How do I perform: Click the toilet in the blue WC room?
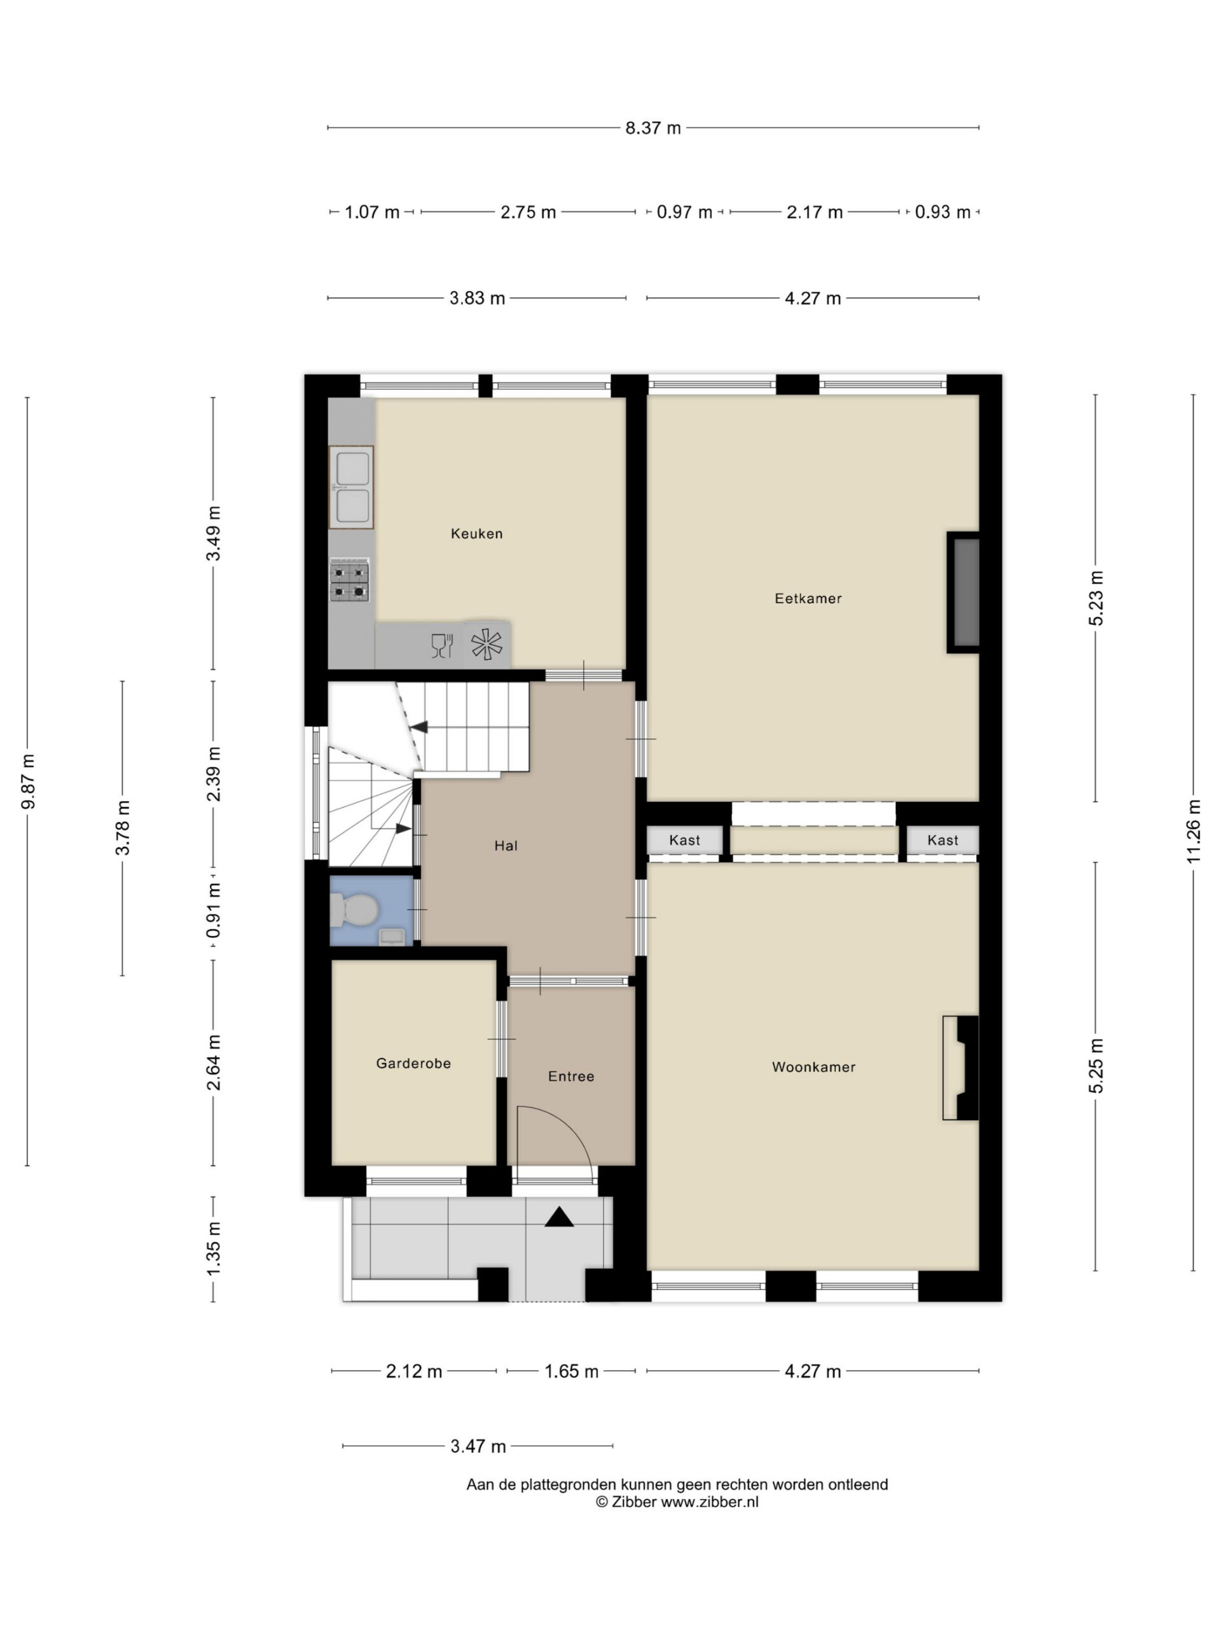[354, 909]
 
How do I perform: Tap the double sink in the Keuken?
[351, 487]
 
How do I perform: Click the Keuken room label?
[476, 534]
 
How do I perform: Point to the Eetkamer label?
[808, 599]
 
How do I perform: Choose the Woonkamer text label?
[813, 1067]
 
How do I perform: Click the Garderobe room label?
[413, 1063]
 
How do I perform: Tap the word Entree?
[570, 1077]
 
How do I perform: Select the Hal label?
[506, 846]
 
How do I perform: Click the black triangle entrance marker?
[558, 1217]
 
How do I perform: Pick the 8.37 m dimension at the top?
[653, 128]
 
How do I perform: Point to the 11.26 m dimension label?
[1193, 830]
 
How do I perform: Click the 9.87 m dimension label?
[28, 781]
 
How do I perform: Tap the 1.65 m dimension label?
[571, 1371]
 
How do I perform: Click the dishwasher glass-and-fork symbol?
[441, 645]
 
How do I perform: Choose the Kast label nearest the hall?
[684, 841]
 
